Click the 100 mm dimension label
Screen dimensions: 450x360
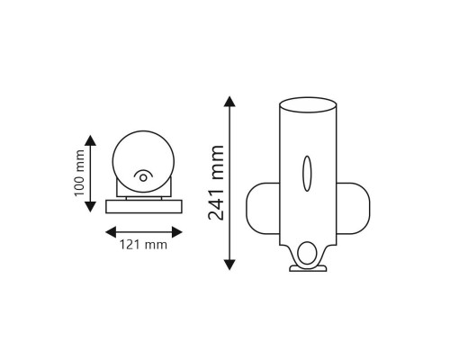click(x=79, y=173)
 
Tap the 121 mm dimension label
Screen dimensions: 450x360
click(x=143, y=245)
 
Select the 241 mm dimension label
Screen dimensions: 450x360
click(x=216, y=183)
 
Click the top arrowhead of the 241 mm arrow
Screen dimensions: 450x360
click(x=229, y=102)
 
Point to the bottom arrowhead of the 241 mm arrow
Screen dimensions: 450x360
click(x=229, y=265)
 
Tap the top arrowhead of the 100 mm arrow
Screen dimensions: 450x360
click(x=90, y=140)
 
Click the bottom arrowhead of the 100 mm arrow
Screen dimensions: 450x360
click(x=90, y=207)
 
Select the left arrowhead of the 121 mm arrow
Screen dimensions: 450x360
click(x=111, y=232)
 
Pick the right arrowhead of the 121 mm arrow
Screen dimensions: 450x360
click(x=177, y=232)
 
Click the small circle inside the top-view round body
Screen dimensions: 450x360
click(x=143, y=178)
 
